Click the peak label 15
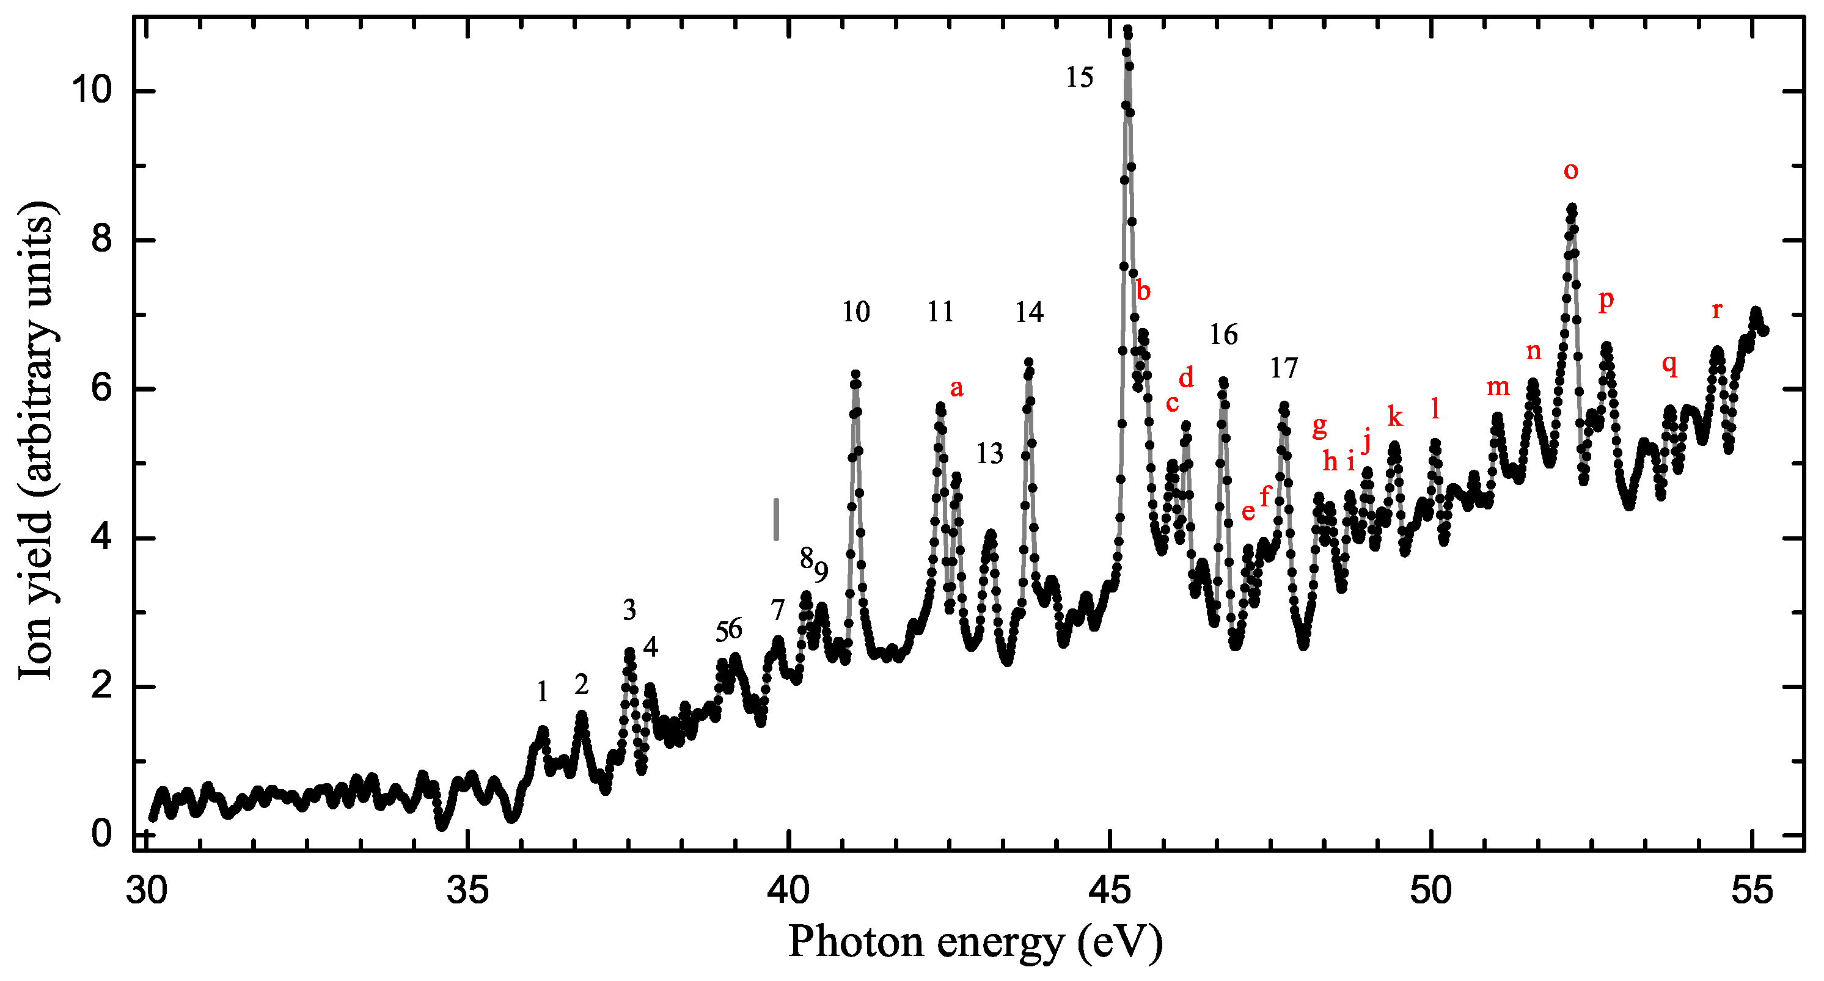[1080, 77]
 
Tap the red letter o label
[1570, 170]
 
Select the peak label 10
[855, 312]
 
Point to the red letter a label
[957, 388]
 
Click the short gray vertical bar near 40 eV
[776, 519]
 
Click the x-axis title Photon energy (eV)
[975, 942]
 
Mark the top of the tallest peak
[1127, 30]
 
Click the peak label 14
[1029, 312]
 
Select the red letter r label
[1716, 310]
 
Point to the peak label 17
[1284, 368]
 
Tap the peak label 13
[990, 454]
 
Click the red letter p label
[1606, 300]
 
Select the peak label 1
[543, 691]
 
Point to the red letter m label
[1498, 387]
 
